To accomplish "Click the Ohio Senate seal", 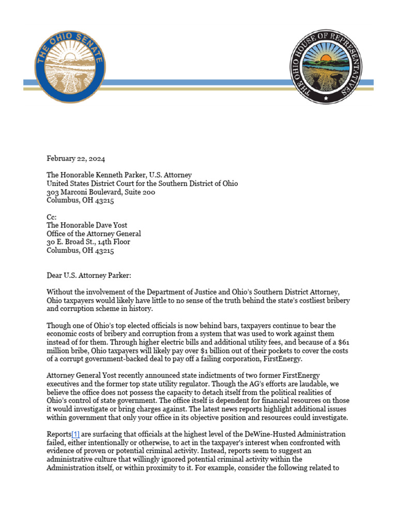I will click(x=70, y=65).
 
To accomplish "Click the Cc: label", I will click(x=52, y=217).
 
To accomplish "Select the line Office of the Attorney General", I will click(x=94, y=234).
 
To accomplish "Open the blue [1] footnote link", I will click(x=73, y=434).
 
